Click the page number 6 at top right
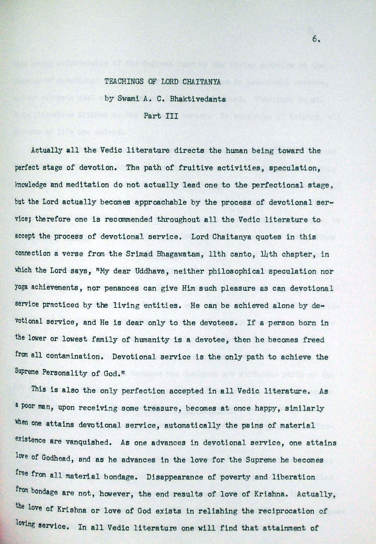pos(316,40)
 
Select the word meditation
pos(86,185)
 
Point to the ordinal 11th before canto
pos(217,254)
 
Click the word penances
pos(121,288)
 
